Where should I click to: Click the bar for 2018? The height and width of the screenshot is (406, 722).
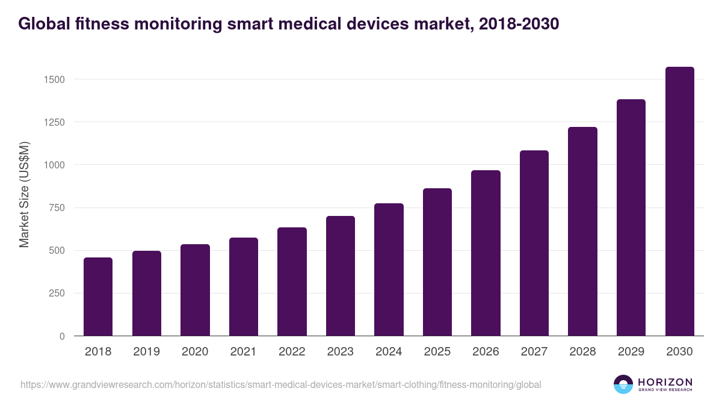pyautogui.click(x=98, y=297)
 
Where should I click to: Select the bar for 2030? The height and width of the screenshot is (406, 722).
pyautogui.click(x=679, y=201)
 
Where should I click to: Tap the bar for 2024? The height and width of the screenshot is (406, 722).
pyautogui.click(x=389, y=270)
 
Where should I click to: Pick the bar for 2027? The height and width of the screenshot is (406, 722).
pyautogui.click(x=534, y=244)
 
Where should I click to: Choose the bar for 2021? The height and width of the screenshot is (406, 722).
pyautogui.click(x=244, y=287)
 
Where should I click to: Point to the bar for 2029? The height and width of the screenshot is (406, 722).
pyautogui.click(x=631, y=218)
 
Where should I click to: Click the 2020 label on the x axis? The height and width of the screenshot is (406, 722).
pyautogui.click(x=195, y=352)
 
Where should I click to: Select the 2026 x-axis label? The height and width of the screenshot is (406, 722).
pyautogui.click(x=486, y=352)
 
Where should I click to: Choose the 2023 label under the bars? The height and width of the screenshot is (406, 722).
pyautogui.click(x=341, y=352)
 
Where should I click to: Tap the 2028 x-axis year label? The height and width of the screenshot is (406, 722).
pyautogui.click(x=582, y=352)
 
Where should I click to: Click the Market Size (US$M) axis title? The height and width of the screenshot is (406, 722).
pyautogui.click(x=24, y=194)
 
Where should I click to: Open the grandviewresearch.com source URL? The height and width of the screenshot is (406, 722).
pyautogui.click(x=281, y=384)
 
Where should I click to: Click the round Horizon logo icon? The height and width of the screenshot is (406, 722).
pyautogui.click(x=623, y=384)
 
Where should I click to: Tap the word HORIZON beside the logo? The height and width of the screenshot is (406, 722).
pyautogui.click(x=665, y=381)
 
